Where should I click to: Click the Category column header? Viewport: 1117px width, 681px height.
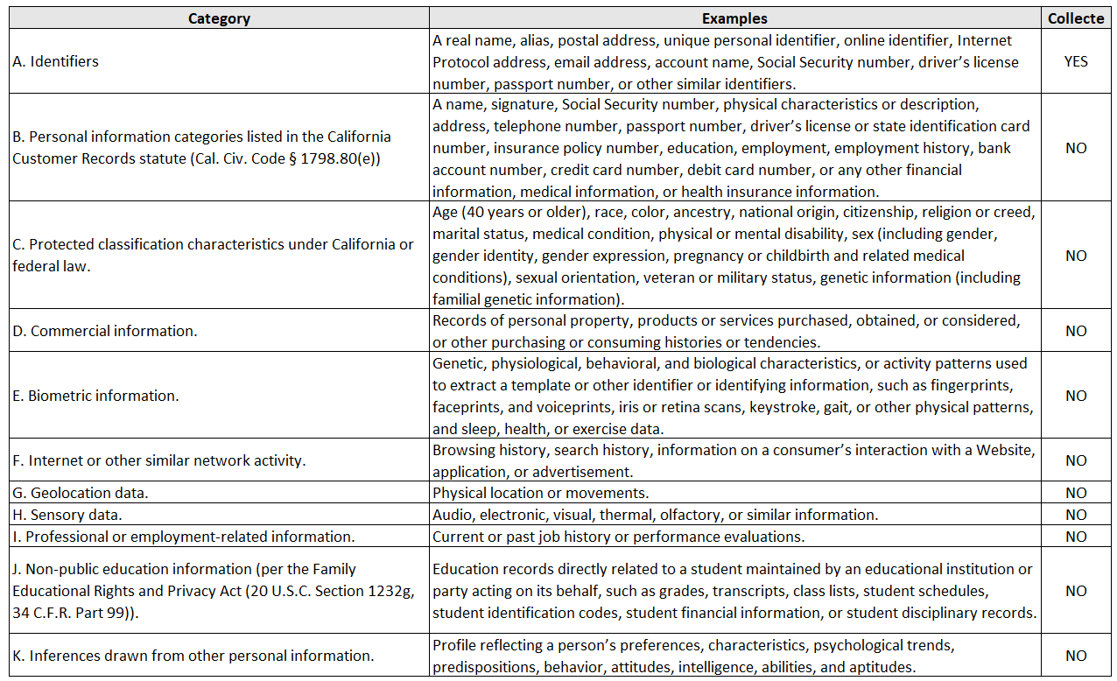click(219, 18)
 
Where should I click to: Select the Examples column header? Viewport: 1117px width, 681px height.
click(734, 18)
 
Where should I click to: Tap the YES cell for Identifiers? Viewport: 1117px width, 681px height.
click(1076, 61)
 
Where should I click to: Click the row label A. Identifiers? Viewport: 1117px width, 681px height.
click(55, 61)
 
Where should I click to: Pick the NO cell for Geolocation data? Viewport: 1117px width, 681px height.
click(1076, 493)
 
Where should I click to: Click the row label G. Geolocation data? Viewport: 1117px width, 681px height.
click(81, 493)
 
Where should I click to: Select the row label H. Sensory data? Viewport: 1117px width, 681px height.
click(67, 515)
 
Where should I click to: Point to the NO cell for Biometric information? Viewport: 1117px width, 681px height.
click(1076, 396)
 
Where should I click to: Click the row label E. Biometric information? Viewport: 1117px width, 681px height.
click(95, 396)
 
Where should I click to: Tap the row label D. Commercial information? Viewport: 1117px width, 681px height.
click(105, 331)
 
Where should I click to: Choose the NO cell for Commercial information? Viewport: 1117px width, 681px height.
click(1076, 331)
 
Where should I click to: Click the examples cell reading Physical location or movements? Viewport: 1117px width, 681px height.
click(540, 493)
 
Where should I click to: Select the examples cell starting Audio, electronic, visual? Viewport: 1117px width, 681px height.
click(655, 515)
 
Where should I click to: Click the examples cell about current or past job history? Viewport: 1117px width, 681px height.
click(618, 537)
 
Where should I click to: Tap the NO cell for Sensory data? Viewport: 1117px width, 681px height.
click(1076, 515)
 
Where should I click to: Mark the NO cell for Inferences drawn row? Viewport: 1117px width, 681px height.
click(1076, 656)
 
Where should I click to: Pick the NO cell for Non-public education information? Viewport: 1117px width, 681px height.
click(1076, 591)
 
